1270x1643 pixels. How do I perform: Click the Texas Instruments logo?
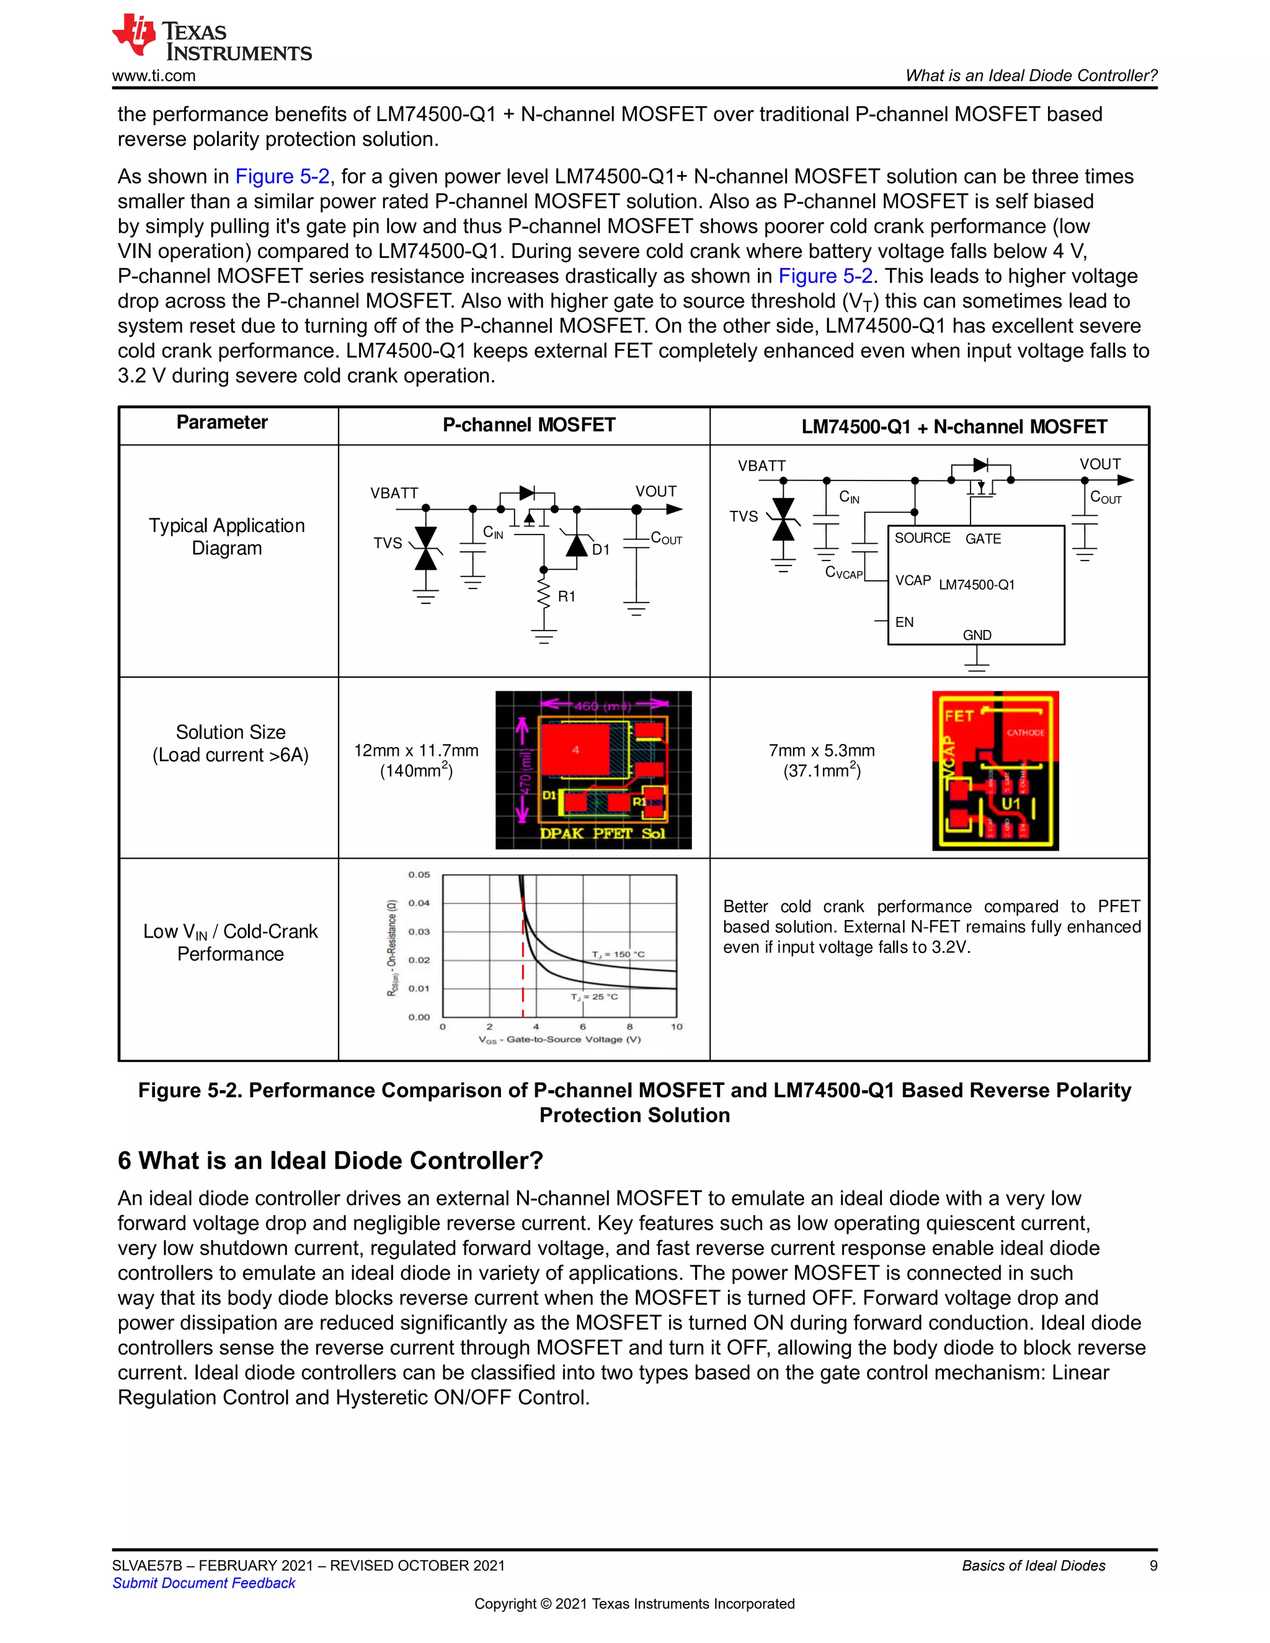pos(211,38)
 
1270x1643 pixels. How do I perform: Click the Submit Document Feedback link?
pos(204,1583)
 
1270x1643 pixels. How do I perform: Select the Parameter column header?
pos(222,423)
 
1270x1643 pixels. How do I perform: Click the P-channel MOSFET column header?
pos(528,425)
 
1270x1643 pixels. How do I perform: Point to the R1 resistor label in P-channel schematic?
pos(567,596)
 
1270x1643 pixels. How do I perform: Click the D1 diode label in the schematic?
pos(600,550)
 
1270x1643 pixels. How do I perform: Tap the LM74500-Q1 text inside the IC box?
pos(977,585)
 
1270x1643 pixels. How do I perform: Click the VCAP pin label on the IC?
pos(913,581)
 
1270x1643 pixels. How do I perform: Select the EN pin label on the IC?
pos(904,622)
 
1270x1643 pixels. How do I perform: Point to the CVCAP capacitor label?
pos(843,572)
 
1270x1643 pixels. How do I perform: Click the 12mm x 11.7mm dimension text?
pos(416,750)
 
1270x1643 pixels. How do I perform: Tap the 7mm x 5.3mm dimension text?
pos(822,750)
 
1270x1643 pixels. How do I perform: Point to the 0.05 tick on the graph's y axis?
pos(419,875)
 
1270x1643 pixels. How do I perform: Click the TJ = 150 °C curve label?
pos(618,954)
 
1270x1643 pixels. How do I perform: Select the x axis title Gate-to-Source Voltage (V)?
pos(560,1040)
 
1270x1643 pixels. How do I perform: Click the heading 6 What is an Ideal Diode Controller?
pos(331,1160)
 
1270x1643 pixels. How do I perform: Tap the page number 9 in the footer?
pos(1153,1565)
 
